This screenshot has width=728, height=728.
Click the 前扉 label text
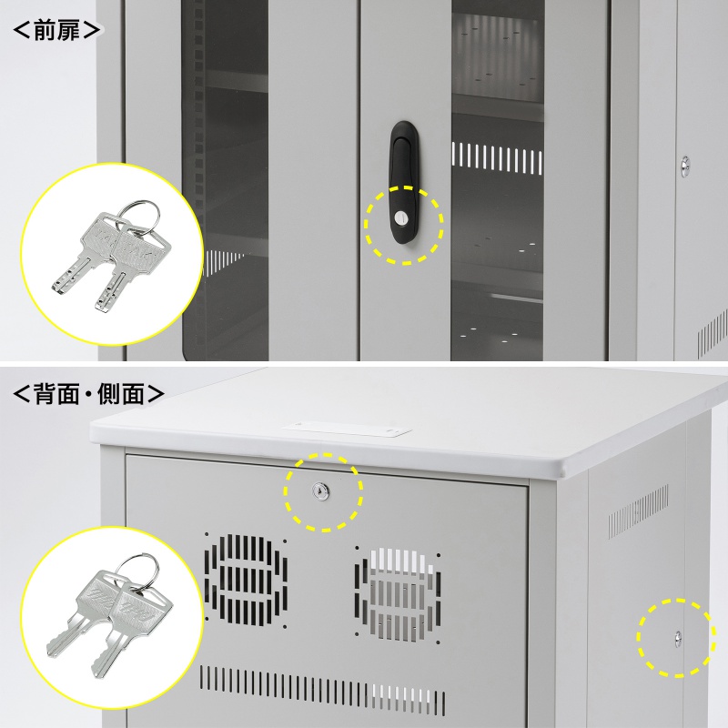pyautogui.click(x=56, y=30)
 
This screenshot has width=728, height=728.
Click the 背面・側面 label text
pyautogui.click(x=88, y=394)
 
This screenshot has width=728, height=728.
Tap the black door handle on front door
pyautogui.click(x=404, y=182)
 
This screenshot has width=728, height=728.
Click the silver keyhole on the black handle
pyautogui.click(x=399, y=217)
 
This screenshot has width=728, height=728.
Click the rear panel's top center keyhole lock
pyautogui.click(x=320, y=491)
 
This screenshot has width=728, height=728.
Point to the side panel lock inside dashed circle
pyautogui.click(x=678, y=639)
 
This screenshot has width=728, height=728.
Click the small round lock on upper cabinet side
pyautogui.click(x=685, y=167)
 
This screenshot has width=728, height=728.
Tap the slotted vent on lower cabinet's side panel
pyautogui.click(x=639, y=511)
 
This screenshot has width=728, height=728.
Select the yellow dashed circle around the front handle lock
pyautogui.click(x=404, y=225)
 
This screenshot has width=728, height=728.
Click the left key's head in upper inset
pyautogui.click(x=105, y=235)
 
